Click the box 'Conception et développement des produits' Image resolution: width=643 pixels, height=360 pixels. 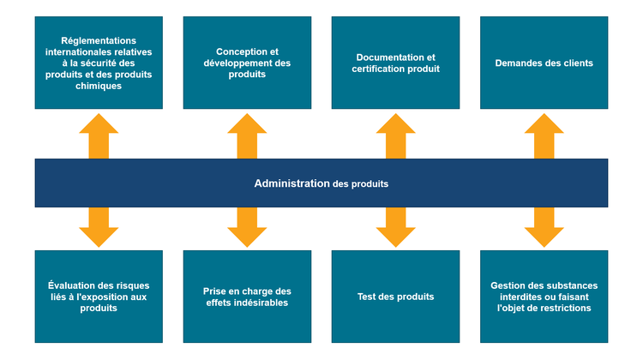click(247, 63)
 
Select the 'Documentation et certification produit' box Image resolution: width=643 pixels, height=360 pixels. click(395, 63)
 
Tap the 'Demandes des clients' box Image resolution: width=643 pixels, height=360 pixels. click(544, 63)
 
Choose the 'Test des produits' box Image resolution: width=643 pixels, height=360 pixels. click(395, 297)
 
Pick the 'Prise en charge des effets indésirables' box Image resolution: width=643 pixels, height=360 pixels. click(247, 297)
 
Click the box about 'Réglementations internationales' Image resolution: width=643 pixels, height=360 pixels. click(99, 63)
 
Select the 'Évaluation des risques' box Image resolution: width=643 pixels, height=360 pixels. click(99, 297)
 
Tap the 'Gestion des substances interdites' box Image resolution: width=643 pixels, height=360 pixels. click(544, 297)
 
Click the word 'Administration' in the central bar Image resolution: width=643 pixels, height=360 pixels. click(291, 183)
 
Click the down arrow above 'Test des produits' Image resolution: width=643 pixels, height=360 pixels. click(395, 226)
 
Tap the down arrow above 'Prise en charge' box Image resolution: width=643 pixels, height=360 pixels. click(247, 226)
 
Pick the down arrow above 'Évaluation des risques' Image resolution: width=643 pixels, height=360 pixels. click(99, 226)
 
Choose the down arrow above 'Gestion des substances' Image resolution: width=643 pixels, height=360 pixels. click(544, 226)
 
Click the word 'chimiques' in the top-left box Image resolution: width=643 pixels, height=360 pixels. click(99, 86)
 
